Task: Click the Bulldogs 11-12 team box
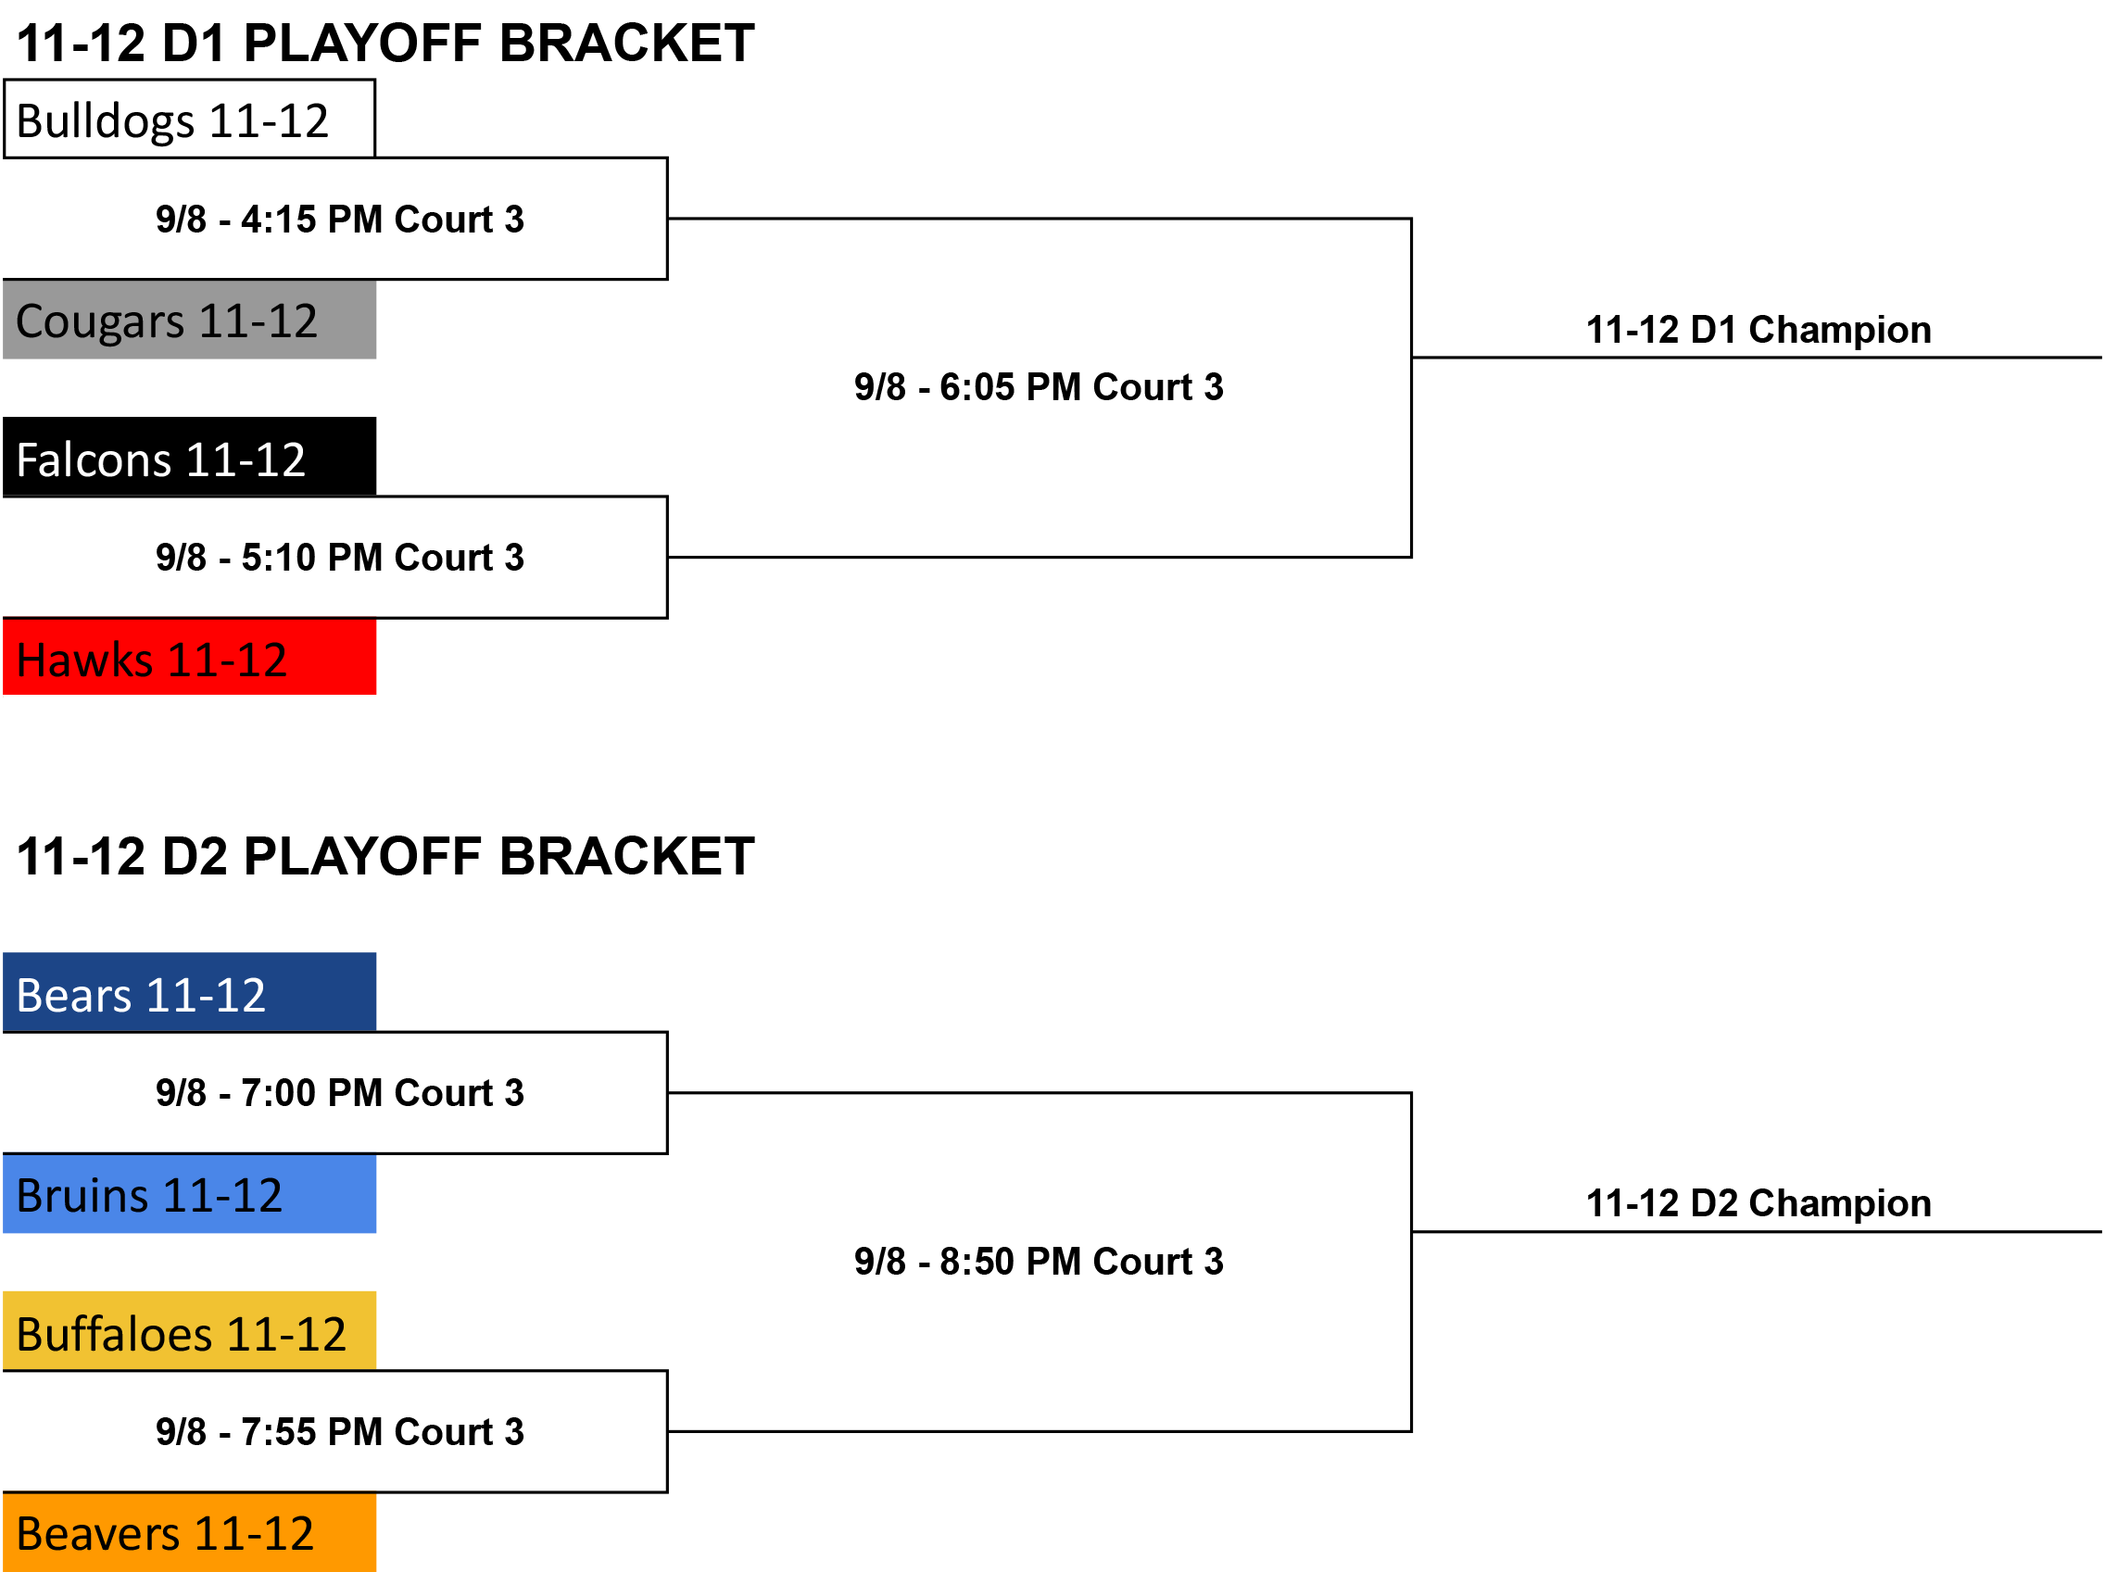[189, 119]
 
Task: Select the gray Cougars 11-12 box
[189, 320]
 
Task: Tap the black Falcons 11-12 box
[189, 457]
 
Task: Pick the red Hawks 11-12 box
[189, 658]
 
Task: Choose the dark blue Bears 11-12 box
[189, 992]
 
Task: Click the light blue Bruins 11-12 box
[189, 1194]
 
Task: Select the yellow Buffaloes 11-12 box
[189, 1331]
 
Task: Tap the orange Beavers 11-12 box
[189, 1532]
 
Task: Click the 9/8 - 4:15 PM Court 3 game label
[341, 220]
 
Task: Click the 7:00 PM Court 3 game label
[341, 1093]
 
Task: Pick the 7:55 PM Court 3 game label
[341, 1432]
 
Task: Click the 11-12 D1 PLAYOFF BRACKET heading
[386, 44]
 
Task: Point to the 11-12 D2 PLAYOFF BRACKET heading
[386, 858]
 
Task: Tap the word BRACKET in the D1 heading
[627, 44]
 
